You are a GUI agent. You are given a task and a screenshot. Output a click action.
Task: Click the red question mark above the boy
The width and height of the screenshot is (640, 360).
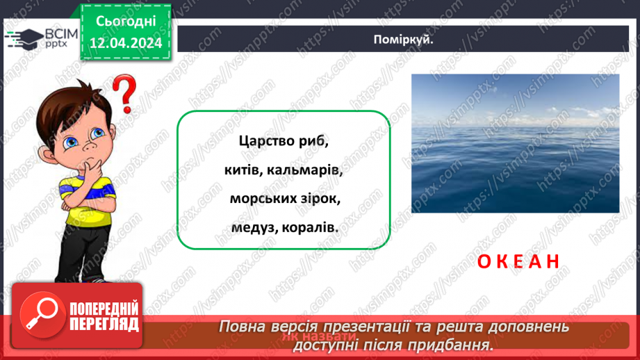(x=124, y=96)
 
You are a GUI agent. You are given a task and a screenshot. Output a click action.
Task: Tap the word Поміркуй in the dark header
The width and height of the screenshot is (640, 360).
(x=403, y=40)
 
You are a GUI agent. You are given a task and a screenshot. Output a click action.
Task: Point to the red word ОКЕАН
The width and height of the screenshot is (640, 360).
(x=518, y=261)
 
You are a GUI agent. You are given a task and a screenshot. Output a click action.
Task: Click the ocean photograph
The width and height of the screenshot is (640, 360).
(x=515, y=143)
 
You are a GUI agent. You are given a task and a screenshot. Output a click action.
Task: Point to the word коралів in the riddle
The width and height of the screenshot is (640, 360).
(x=309, y=227)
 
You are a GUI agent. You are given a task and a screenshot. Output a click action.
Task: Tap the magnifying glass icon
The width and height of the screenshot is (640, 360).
(x=40, y=312)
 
